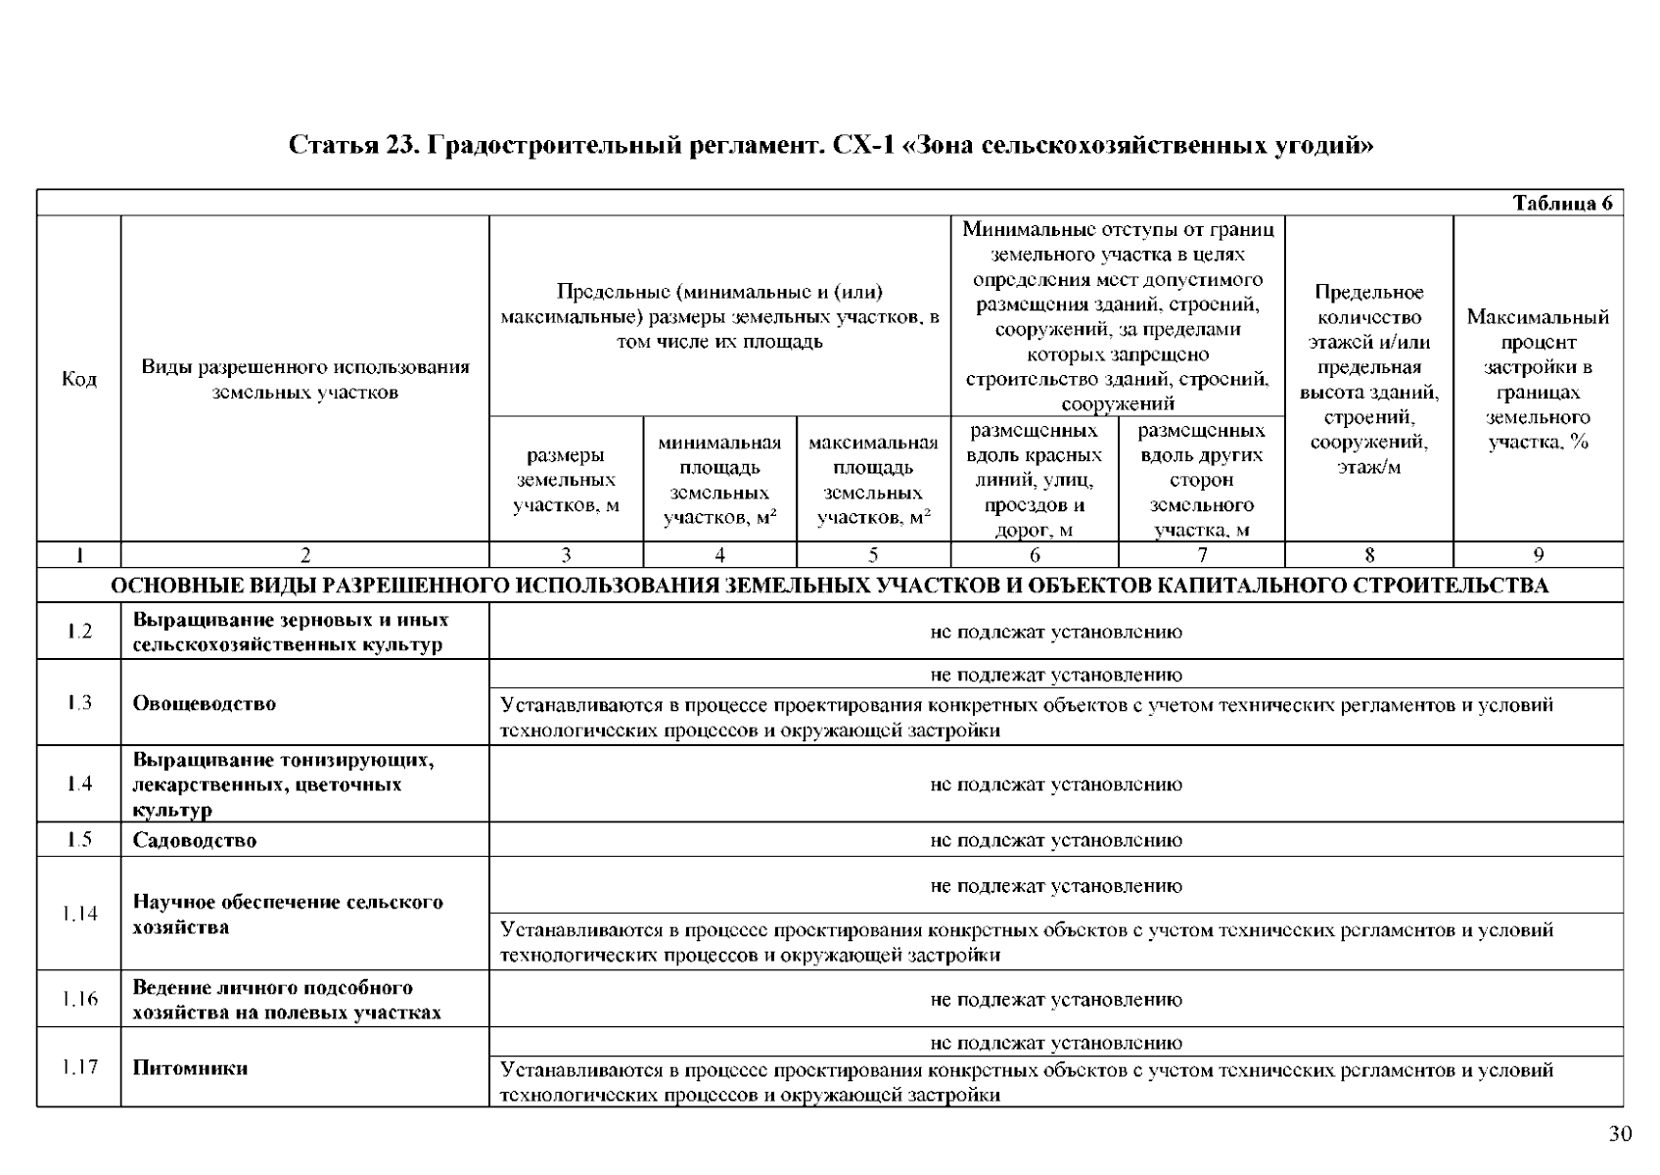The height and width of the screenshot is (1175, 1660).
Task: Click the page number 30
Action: point(1621,1134)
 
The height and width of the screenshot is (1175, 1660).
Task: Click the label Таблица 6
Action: point(1562,204)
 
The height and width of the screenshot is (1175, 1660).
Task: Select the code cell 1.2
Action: point(79,632)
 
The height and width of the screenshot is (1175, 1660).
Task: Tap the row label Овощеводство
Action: point(205,704)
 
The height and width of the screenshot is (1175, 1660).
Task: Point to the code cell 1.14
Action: point(79,914)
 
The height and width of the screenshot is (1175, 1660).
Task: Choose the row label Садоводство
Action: point(195,840)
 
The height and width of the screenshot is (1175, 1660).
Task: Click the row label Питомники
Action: point(190,1068)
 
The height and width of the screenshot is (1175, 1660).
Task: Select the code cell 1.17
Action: point(79,1067)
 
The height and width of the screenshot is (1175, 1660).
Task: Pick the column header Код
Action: point(79,379)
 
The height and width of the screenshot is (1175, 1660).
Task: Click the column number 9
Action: point(1538,555)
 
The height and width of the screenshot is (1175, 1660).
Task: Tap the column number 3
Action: point(566,555)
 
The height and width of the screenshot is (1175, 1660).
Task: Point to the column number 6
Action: point(1035,555)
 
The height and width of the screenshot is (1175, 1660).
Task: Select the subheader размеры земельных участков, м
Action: point(566,480)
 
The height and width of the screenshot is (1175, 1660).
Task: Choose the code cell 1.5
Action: point(79,840)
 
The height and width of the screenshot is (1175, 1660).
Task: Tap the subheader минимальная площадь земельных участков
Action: point(719,480)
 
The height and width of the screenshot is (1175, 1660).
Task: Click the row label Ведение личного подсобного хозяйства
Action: point(287,1000)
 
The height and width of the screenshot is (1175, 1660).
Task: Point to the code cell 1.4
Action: point(79,784)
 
